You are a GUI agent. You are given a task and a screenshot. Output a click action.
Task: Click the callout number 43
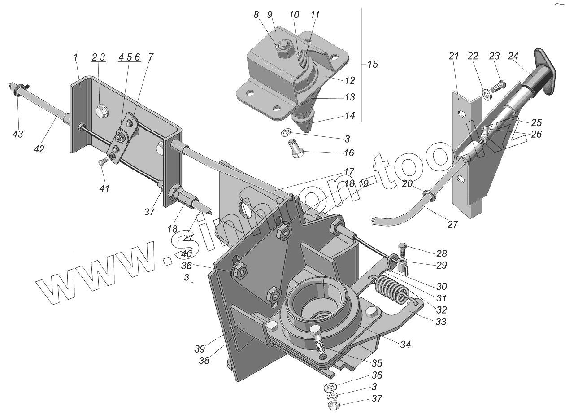17,134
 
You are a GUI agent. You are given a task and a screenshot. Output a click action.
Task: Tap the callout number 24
513,56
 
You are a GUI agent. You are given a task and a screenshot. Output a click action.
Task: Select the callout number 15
372,65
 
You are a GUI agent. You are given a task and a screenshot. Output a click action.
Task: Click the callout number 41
104,189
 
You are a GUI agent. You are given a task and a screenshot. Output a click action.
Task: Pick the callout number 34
405,345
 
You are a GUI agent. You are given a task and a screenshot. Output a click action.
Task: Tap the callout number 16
348,153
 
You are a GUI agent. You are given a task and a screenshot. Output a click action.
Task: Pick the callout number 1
76,58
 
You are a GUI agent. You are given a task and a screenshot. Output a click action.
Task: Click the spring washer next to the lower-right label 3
332,396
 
